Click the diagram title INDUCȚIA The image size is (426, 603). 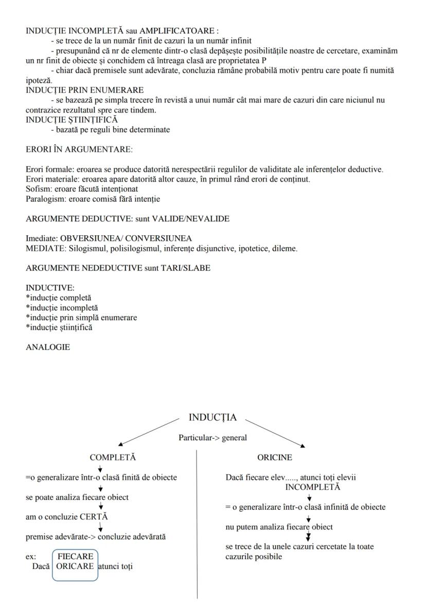212,418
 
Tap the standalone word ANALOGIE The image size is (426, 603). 48,347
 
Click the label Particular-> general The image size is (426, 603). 212,438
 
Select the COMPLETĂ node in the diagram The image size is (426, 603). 113,457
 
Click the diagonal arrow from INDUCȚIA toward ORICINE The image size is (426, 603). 276,432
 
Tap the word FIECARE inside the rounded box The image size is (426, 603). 75,557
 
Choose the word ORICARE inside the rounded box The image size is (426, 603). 75,566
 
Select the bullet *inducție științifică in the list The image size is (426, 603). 59,328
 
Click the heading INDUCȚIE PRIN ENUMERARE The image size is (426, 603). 85,90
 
